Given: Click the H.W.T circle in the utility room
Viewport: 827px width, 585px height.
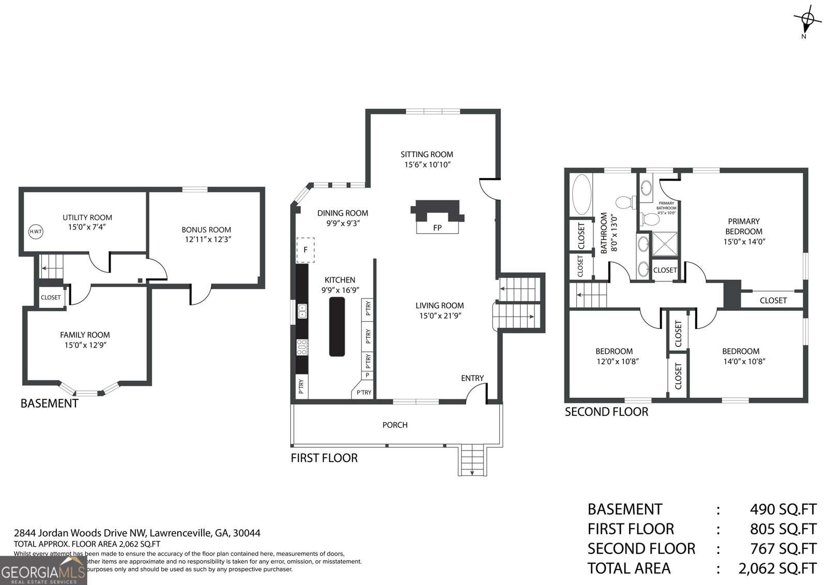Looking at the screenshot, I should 36,232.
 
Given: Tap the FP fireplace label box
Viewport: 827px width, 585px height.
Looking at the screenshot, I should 437,228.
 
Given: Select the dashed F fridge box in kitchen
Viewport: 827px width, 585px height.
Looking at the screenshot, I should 305,250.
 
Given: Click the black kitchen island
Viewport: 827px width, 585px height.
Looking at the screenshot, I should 337,326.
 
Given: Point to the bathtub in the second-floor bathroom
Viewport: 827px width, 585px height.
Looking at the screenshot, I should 581,195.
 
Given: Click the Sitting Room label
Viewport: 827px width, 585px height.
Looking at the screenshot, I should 426,154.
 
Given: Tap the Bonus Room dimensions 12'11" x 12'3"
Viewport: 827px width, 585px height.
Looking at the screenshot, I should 206,239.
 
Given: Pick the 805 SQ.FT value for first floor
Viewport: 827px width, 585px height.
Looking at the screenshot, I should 783,529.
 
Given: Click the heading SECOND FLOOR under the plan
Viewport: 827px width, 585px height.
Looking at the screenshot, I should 606,412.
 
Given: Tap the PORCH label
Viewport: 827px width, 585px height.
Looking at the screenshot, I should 395,425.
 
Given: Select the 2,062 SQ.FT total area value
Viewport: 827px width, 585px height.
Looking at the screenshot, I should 776,568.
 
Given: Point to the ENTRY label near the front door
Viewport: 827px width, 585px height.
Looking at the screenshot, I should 472,378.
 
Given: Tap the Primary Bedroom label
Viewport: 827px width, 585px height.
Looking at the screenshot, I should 743,226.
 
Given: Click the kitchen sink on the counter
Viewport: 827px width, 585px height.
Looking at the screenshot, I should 302,311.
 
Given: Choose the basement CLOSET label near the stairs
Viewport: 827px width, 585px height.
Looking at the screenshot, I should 51,297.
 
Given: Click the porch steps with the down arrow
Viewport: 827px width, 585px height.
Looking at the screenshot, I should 472,460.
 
